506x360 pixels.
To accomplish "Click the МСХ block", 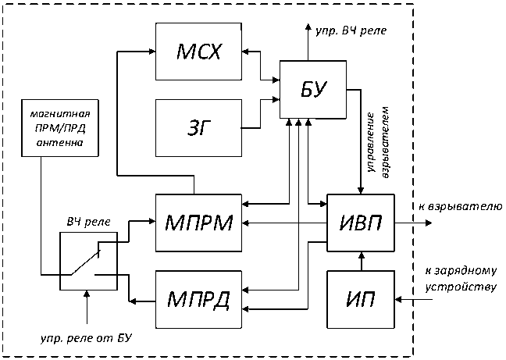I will [x=199, y=52].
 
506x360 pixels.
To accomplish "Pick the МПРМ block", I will [x=199, y=223].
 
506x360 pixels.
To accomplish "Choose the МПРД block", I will [x=199, y=298].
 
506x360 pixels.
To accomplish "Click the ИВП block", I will [x=360, y=223].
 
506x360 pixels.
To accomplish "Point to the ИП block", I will [x=360, y=298].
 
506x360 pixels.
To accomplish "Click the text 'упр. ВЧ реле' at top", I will [x=350, y=31].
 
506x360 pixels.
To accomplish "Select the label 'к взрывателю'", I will [x=458, y=205].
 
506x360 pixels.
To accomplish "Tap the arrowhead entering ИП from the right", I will [x=399, y=298].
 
